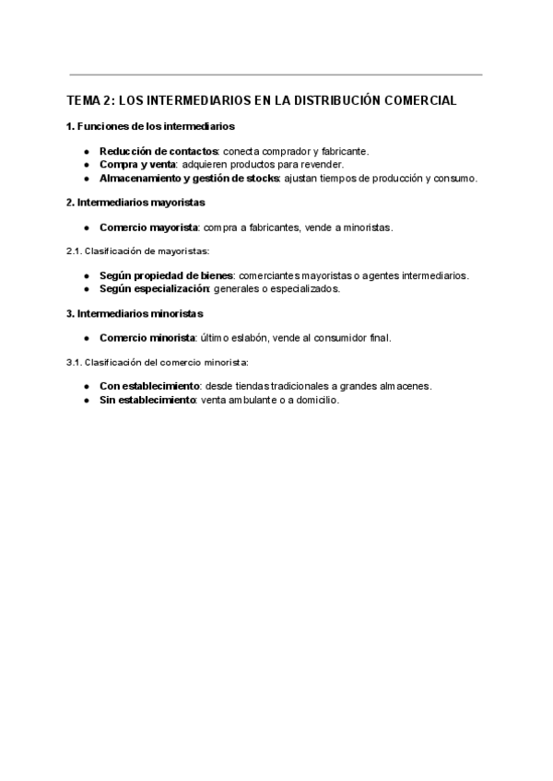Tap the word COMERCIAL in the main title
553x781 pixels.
click(x=423, y=100)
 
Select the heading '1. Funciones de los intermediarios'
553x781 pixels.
click(x=150, y=125)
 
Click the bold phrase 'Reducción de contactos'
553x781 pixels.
click(x=159, y=151)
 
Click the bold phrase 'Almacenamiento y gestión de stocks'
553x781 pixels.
click(x=189, y=178)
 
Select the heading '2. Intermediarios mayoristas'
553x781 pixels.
click(x=135, y=202)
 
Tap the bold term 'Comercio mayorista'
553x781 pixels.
click(x=148, y=227)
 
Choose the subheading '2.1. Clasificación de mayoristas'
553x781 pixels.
click(x=138, y=251)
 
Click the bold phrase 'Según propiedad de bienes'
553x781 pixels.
click(x=166, y=275)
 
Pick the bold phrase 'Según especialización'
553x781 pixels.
click(x=155, y=288)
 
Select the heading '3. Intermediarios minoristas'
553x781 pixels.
click(x=134, y=313)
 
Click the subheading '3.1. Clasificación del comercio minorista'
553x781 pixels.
click(x=158, y=362)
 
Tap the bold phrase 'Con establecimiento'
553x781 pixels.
click(x=149, y=387)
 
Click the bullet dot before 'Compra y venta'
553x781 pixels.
click(x=86, y=164)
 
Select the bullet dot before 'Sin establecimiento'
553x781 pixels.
click(x=86, y=400)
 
